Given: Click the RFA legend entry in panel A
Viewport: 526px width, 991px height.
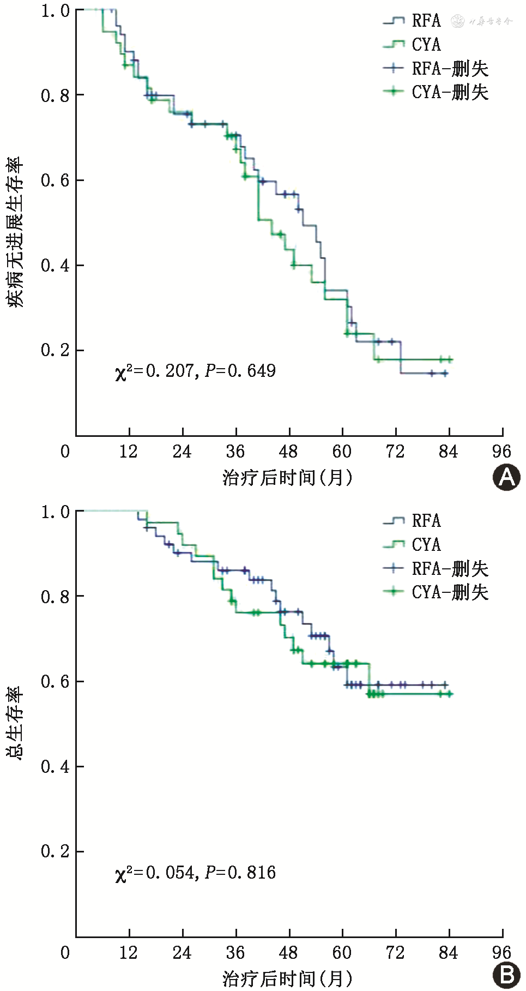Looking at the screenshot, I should [x=412, y=21].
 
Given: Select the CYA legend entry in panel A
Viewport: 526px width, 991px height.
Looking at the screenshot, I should [x=412, y=45].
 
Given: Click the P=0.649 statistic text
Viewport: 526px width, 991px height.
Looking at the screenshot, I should [x=240, y=371].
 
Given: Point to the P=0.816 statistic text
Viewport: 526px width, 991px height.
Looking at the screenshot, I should [x=240, y=873].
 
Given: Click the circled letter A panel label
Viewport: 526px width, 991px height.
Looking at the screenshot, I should [x=506, y=478].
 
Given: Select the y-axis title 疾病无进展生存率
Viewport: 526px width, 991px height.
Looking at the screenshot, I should [x=15, y=232].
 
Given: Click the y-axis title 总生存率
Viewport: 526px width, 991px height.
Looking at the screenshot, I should [x=15, y=723].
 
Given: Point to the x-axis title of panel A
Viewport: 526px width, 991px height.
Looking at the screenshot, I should [x=287, y=478].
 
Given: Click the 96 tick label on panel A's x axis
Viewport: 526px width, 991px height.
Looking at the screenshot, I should [x=501, y=452].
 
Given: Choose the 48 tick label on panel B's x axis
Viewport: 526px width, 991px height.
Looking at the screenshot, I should [x=288, y=953].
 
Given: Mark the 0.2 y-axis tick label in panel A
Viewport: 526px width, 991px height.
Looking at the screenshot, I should [x=55, y=350].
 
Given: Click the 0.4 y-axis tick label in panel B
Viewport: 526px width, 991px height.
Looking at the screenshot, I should [x=55, y=766].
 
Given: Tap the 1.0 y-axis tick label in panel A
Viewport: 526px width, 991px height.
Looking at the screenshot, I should [x=55, y=11].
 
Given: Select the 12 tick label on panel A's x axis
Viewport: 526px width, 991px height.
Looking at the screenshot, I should [x=129, y=452].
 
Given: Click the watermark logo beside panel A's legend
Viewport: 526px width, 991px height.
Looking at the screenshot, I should [x=482, y=21].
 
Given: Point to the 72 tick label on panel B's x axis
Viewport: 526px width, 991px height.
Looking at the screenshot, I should [x=395, y=953].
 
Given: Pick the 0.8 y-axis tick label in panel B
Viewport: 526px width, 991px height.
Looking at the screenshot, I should [x=55, y=596].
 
